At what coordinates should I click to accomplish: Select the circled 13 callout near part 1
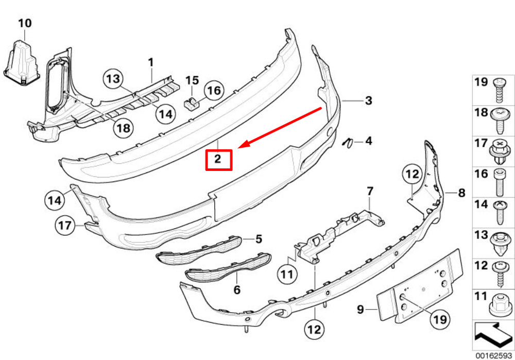pyautogui.click(x=114, y=79)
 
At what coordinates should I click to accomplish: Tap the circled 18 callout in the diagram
pyautogui.click(x=124, y=128)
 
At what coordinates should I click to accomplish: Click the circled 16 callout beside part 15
pyautogui.click(x=214, y=90)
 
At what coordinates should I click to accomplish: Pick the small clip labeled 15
pyautogui.click(x=191, y=104)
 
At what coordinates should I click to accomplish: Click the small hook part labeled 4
pyautogui.click(x=347, y=143)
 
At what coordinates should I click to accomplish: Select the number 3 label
pyautogui.click(x=369, y=100)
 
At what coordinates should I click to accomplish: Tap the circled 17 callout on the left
pyautogui.click(x=64, y=226)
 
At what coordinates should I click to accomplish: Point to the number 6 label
pyautogui.click(x=237, y=290)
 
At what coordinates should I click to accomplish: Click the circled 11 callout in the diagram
pyautogui.click(x=287, y=274)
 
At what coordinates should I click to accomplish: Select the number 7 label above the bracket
pyautogui.click(x=370, y=191)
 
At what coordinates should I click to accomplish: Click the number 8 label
pyautogui.click(x=461, y=193)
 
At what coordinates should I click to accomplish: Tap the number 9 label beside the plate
pyautogui.click(x=360, y=309)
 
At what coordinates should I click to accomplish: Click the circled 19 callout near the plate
pyautogui.click(x=440, y=319)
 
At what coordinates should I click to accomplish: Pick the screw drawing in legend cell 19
pyautogui.click(x=500, y=90)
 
